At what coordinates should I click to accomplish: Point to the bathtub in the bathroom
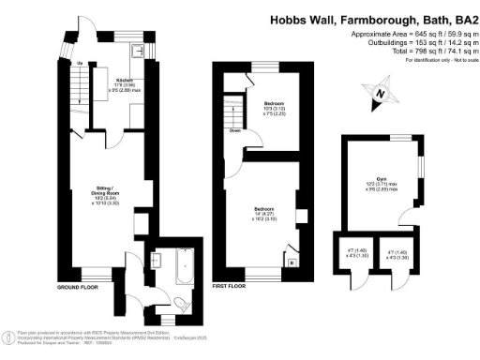[183, 269]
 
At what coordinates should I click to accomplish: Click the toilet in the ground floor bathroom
[179, 303]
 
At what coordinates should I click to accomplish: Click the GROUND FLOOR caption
[79, 286]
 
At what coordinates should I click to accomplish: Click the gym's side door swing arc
[405, 219]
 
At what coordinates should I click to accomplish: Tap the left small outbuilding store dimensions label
[351, 254]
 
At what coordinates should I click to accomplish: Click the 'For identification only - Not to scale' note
[437, 59]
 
